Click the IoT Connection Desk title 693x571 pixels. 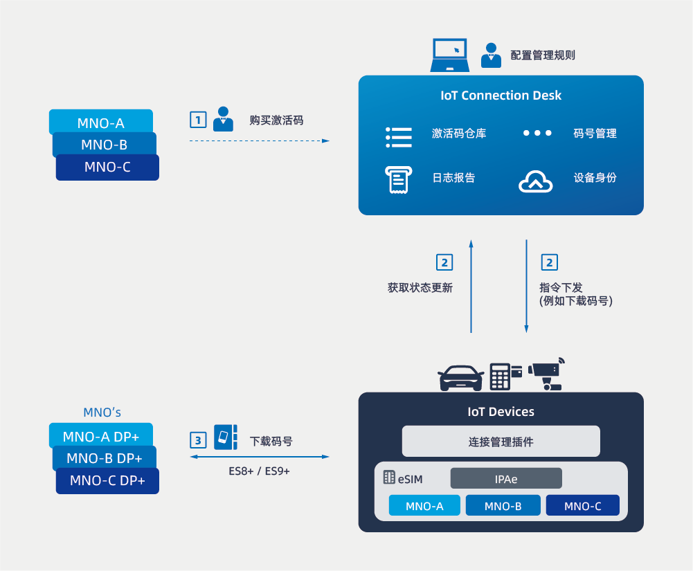click(x=501, y=96)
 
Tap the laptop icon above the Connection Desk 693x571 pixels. click(x=450, y=55)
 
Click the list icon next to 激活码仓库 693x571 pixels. click(x=398, y=137)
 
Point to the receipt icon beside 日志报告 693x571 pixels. click(x=398, y=179)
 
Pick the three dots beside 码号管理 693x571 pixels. click(x=537, y=133)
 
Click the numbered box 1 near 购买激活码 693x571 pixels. click(x=199, y=120)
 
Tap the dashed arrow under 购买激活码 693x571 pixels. click(x=260, y=141)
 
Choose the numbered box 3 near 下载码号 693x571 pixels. click(x=199, y=439)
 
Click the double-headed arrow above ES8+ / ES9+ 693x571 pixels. click(x=260, y=457)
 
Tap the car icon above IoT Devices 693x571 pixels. click(x=460, y=378)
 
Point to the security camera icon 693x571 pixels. click(x=547, y=374)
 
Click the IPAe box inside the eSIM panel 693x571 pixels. click(x=506, y=478)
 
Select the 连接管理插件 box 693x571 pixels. click(x=501, y=442)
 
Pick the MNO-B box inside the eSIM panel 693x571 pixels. click(x=503, y=506)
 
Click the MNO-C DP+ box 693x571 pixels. click(x=107, y=481)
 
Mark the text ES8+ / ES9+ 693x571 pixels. click(x=260, y=471)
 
